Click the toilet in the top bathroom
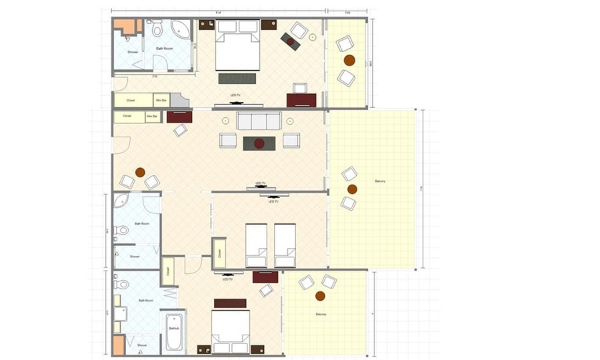(x=157, y=29)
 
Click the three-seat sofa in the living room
(x=259, y=121)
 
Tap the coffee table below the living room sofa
(x=259, y=143)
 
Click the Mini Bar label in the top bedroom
(x=161, y=100)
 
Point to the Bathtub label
(x=173, y=329)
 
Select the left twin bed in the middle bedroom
(x=257, y=245)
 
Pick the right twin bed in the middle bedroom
(x=285, y=245)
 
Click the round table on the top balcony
(x=348, y=61)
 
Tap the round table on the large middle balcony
(x=352, y=189)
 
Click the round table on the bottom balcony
(x=320, y=295)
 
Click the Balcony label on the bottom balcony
(x=321, y=314)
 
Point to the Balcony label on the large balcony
(x=381, y=181)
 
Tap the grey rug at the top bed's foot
(x=237, y=78)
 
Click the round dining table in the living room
(x=140, y=172)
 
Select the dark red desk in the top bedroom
(x=301, y=100)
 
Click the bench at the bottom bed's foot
(x=230, y=303)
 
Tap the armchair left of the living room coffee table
(x=228, y=140)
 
